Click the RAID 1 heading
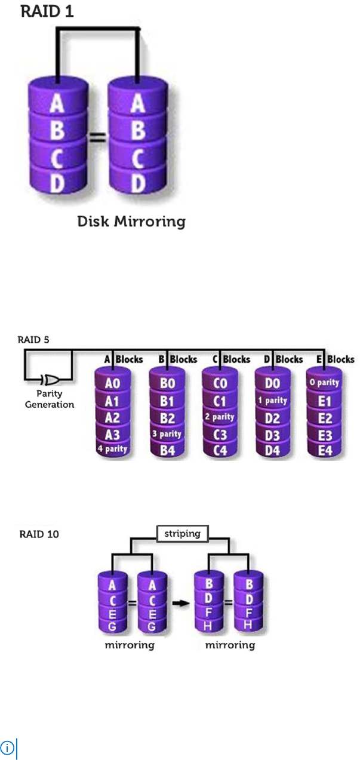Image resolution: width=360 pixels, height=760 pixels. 47,11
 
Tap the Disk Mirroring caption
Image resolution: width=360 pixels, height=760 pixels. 131,222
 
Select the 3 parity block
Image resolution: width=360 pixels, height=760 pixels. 167,433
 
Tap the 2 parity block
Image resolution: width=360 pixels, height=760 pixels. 220,416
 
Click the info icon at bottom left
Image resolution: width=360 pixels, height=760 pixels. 7,747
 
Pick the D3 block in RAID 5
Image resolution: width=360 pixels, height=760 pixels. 272,433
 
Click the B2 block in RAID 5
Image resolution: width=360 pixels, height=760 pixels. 167,417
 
